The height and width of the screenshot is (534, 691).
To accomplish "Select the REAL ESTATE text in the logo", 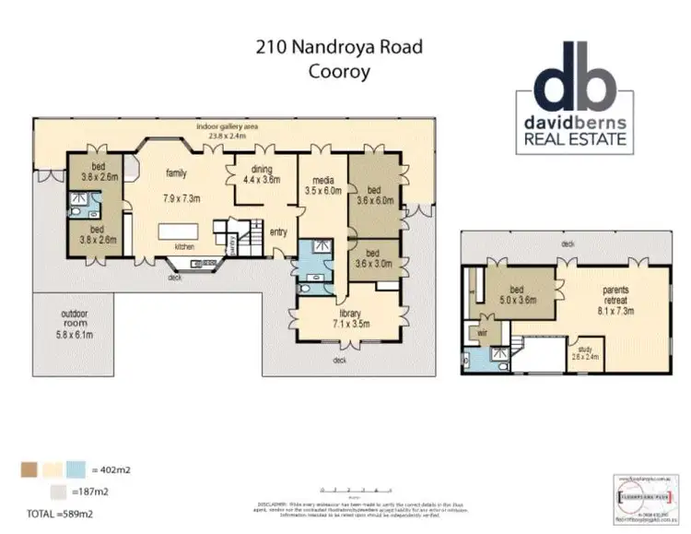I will (576, 139).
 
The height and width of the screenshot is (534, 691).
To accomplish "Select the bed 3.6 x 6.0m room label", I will (374, 194).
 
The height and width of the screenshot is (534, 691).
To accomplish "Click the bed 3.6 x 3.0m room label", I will (374, 257).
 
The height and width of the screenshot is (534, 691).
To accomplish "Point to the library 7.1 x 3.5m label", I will (351, 318).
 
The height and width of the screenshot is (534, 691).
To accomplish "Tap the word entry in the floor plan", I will (279, 231).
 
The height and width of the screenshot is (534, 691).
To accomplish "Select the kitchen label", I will (184, 246).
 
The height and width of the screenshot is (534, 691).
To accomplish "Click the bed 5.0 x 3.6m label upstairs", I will (516, 293).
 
